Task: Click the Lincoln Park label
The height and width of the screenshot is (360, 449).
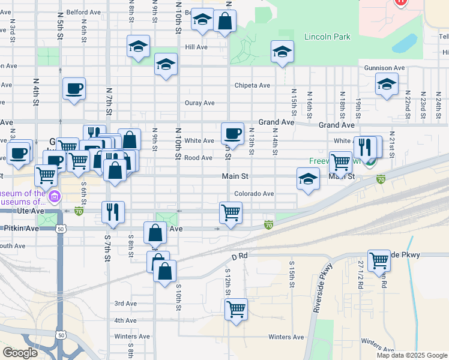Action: point(327,37)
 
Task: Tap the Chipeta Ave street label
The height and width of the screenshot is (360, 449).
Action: point(252,85)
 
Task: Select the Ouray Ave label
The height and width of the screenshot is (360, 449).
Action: point(200,103)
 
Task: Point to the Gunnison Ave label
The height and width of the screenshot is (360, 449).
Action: point(384,68)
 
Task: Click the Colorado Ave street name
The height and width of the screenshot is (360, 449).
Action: point(254,194)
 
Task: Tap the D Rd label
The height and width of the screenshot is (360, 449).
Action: point(240,256)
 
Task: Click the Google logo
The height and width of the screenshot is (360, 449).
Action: point(20,353)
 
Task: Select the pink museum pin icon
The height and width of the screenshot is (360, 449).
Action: point(55,196)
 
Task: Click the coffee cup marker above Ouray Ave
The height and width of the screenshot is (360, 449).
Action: point(74,89)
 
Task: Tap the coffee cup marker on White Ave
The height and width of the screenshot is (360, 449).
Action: point(232,133)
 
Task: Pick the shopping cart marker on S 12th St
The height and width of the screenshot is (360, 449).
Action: point(237,309)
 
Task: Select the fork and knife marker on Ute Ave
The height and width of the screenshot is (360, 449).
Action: point(113,211)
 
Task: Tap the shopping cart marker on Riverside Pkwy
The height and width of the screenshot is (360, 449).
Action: point(379,260)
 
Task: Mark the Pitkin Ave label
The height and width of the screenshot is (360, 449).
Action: point(22,229)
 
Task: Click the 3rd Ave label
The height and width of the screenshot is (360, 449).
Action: point(125,304)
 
